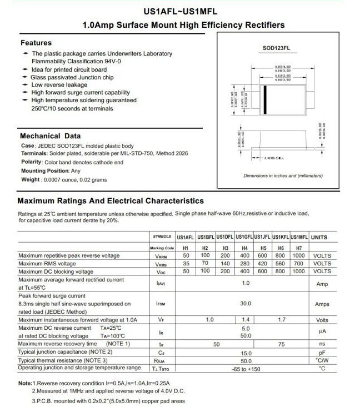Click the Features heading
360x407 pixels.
(x=36, y=43)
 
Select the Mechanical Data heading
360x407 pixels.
(x=51, y=136)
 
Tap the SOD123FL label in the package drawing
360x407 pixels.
(x=277, y=48)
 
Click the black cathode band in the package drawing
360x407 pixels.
(x=265, y=100)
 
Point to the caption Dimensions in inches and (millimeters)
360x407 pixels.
(x=283, y=176)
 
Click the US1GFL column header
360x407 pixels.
(x=244, y=237)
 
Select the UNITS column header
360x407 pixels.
(x=319, y=237)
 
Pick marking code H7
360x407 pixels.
(x=299, y=248)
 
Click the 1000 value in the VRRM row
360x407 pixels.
(x=299, y=255)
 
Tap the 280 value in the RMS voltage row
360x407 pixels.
(x=244, y=264)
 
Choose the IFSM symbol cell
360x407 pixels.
(x=161, y=304)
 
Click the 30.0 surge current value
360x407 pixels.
(x=246, y=304)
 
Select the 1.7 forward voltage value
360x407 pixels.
(x=281, y=320)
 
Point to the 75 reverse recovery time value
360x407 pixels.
(x=281, y=344)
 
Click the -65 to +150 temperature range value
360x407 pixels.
(x=246, y=369)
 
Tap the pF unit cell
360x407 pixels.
(x=322, y=353)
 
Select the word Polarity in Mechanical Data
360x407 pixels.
(x=31, y=162)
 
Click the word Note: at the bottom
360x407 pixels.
(x=25, y=384)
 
